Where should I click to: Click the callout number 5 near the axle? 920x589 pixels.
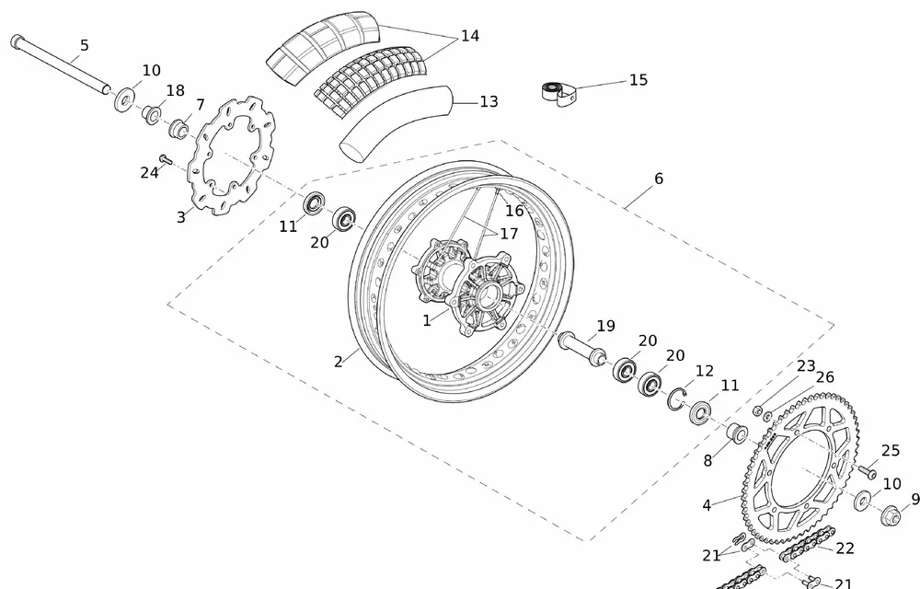pos(85,45)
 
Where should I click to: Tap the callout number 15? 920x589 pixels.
pos(638,80)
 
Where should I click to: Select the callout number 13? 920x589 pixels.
pos(489,101)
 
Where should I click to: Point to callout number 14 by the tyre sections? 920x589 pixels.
pos(469,36)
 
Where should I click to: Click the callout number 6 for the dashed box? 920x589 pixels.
pos(659,179)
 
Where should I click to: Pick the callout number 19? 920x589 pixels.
pos(604,326)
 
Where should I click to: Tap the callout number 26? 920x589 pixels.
pos(824,377)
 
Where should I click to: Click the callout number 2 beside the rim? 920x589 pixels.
pos(339,362)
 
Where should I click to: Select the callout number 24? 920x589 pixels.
pos(149,172)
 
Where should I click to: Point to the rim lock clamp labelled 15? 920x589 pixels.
pos(558,94)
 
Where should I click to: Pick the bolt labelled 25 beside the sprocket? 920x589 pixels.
pos(868,471)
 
